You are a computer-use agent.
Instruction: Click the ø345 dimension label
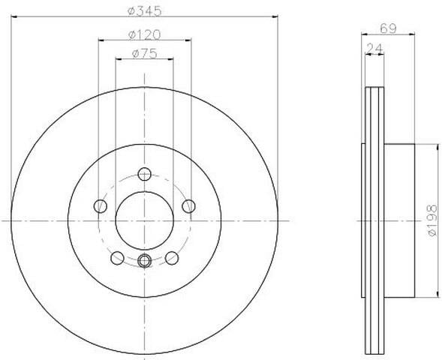145,10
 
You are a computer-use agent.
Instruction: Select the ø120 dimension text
145,34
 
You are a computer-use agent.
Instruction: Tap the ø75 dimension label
145,53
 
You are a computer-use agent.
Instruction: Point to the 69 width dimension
388,28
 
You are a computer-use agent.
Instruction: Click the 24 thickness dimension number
374,48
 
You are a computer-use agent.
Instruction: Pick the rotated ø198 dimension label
432,220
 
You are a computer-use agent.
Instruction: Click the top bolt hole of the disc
145,174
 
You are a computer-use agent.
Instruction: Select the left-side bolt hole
101,206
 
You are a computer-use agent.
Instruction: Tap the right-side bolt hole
188,206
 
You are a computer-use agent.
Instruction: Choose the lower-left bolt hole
117,258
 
